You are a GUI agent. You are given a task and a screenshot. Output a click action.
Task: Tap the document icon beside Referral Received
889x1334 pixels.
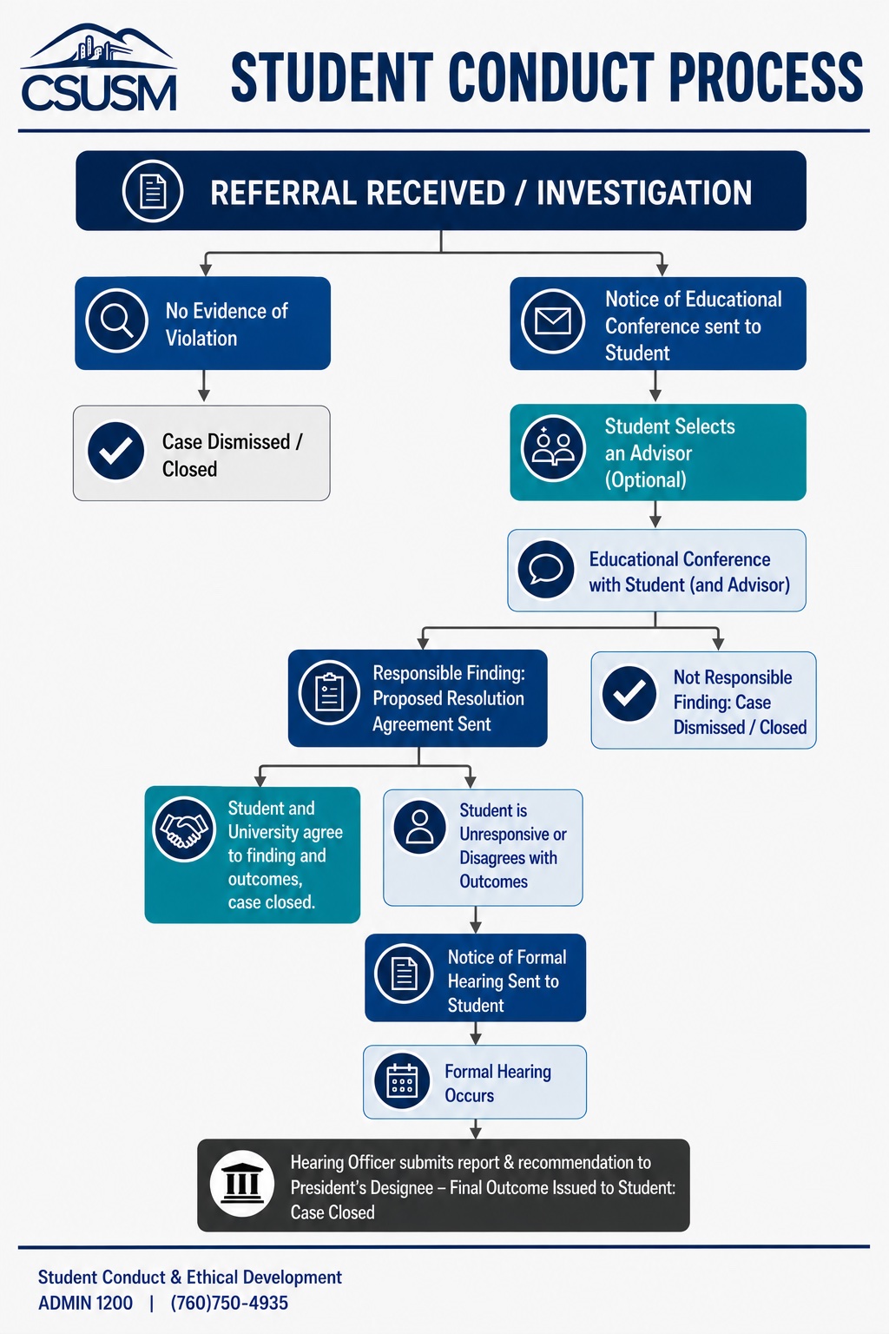point(153,191)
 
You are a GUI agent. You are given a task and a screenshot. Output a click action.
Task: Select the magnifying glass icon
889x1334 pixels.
point(116,321)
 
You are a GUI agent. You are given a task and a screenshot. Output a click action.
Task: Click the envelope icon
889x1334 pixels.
point(552,321)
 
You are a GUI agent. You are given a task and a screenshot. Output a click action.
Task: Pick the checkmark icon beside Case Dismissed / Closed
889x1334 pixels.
point(116,451)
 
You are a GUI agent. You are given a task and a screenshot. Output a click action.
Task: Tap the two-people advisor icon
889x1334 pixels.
point(553,448)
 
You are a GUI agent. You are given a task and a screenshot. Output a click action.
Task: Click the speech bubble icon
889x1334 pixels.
point(545,569)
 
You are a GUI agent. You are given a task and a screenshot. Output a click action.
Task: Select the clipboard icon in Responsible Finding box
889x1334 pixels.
point(329,692)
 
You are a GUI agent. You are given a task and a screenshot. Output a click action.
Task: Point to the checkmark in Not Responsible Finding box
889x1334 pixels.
point(629,693)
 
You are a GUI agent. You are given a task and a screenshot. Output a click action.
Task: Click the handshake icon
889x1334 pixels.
point(184,829)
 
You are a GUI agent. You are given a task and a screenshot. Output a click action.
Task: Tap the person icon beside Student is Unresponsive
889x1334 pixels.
point(420,827)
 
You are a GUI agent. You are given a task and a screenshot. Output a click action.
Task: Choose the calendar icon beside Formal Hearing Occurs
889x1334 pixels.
point(402,1081)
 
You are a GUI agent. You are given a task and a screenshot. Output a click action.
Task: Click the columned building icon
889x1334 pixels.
point(241,1184)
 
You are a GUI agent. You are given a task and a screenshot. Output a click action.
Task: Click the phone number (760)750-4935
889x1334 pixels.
point(229,1303)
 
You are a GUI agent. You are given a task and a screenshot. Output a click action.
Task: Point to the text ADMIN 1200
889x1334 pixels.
point(86,1303)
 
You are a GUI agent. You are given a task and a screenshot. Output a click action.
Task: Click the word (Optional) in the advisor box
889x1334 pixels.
point(645,479)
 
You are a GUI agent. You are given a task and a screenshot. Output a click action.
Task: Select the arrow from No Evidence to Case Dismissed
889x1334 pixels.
point(204,386)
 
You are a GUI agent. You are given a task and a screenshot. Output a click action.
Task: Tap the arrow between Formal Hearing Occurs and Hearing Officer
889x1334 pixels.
point(475,1128)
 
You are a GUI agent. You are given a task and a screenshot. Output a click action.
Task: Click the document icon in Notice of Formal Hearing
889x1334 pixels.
point(404,974)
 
